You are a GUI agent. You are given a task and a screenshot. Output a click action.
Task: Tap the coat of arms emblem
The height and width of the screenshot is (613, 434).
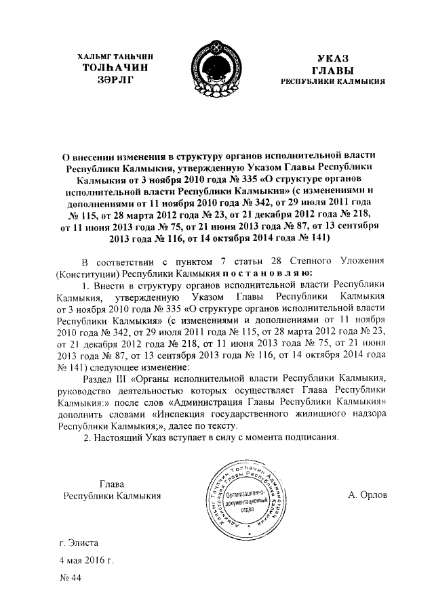click(217, 68)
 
